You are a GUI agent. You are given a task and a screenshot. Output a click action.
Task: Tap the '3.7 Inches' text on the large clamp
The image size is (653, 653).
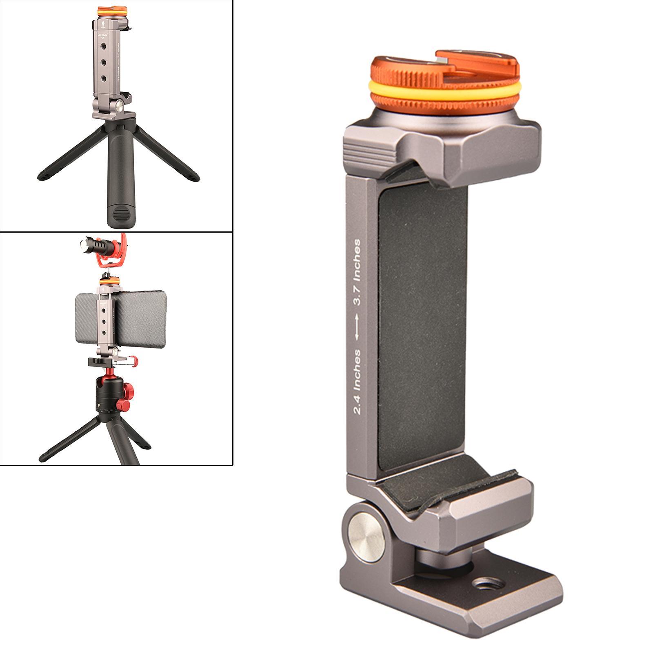pyautogui.click(x=357, y=271)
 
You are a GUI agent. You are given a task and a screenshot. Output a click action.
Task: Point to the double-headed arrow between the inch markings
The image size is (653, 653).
pyautogui.click(x=357, y=326)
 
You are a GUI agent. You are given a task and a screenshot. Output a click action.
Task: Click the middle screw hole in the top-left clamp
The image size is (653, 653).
pyautogui.click(x=103, y=62)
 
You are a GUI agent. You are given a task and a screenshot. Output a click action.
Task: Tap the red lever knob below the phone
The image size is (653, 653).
pyautogui.click(x=133, y=360)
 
